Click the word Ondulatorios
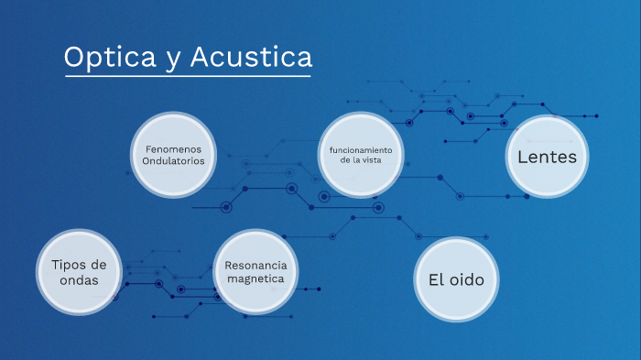coord(173,161)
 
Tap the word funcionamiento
coord(361,148)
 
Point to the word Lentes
coord(547,157)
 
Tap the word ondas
coord(79,280)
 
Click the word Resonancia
coord(256,265)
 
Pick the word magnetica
coord(256,278)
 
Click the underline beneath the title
coord(188,75)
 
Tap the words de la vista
coord(361,160)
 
